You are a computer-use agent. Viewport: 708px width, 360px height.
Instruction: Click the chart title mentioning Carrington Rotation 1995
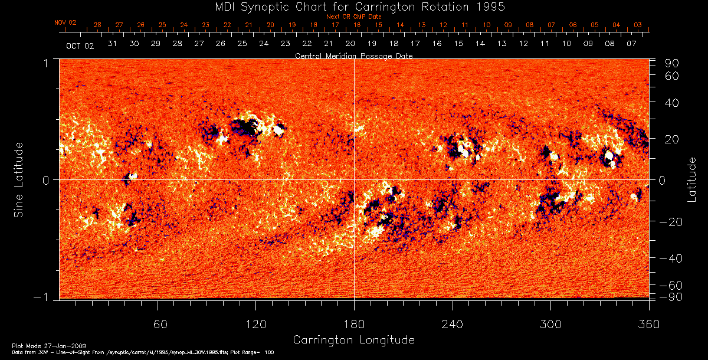(x=353, y=6)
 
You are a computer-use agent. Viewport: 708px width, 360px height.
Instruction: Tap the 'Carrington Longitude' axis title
(x=353, y=340)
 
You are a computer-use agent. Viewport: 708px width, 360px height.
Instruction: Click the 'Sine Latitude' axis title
(x=19, y=179)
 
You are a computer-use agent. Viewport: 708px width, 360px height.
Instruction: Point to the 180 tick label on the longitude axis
(x=353, y=324)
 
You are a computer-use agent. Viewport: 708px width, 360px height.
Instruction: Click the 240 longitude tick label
(x=452, y=324)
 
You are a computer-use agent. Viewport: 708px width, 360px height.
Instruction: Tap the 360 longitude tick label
(x=649, y=324)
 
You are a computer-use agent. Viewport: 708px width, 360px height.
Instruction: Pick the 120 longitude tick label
(x=255, y=324)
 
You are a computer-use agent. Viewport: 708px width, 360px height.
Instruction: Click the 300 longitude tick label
(x=550, y=324)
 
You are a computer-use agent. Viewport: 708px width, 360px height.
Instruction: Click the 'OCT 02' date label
(x=80, y=45)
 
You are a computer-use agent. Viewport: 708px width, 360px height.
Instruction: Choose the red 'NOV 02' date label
(x=65, y=22)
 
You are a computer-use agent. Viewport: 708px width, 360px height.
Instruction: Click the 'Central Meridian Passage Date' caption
(x=353, y=55)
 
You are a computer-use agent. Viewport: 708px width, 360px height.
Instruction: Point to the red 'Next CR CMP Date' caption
(x=353, y=17)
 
